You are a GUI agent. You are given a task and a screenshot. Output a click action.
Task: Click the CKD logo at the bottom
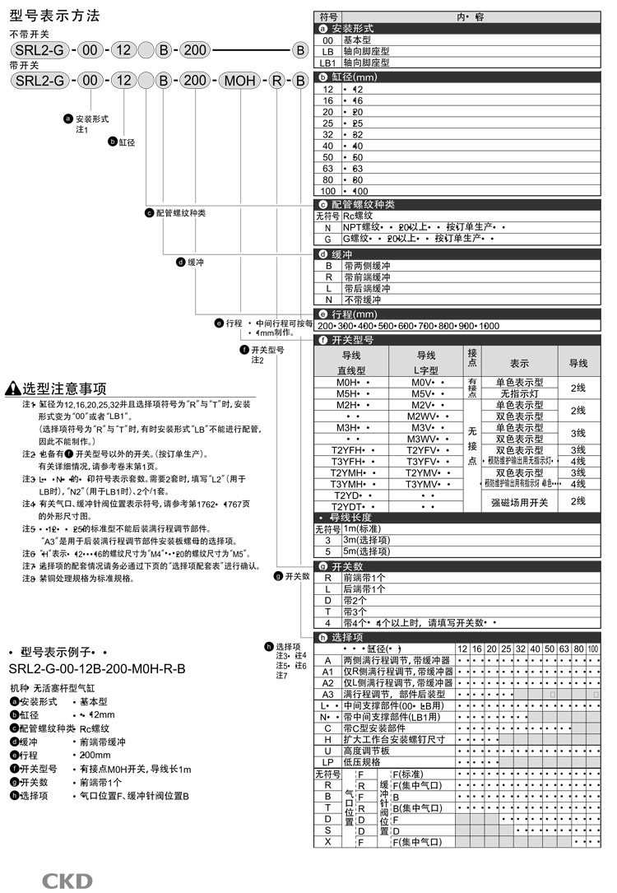(67, 881)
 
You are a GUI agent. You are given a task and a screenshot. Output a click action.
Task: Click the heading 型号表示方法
(53, 16)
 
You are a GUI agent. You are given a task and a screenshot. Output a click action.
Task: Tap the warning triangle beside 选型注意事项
(12, 389)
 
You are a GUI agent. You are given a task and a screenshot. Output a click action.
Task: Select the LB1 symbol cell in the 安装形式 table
(328, 62)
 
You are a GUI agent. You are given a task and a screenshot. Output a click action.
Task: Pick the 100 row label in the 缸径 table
(328, 190)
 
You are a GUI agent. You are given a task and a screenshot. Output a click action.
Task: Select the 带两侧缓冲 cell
(368, 266)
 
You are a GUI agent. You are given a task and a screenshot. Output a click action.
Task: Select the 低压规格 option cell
(362, 761)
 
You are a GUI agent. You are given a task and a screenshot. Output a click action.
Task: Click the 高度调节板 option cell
(366, 751)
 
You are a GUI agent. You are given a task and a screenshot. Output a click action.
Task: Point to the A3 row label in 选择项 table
(328, 694)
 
